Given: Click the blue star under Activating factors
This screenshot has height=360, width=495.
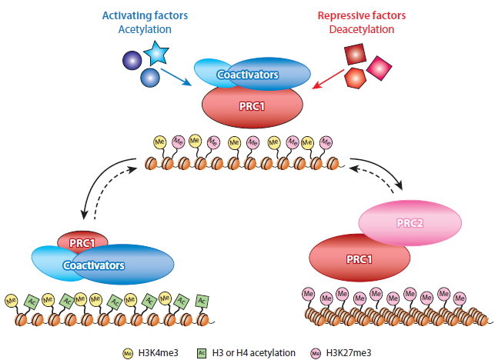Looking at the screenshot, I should (x=156, y=55).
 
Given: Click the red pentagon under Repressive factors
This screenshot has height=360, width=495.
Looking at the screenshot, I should (x=355, y=78).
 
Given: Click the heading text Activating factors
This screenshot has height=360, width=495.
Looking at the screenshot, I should (x=144, y=15).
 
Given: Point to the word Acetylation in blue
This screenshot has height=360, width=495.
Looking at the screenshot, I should (x=144, y=29).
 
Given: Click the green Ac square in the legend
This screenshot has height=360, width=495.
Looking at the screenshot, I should (x=202, y=352).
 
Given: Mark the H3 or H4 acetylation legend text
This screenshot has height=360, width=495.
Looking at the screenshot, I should (x=254, y=352).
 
